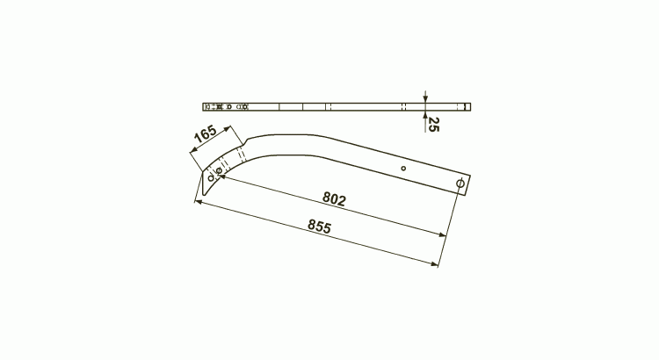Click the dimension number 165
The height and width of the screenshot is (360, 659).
click(205, 133)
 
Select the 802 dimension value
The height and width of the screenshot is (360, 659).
click(334, 198)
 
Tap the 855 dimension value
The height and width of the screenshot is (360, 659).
click(320, 226)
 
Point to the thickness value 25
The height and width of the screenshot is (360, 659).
click(433, 125)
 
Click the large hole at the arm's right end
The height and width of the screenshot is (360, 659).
click(460, 184)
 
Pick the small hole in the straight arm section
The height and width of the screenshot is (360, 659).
click(403, 169)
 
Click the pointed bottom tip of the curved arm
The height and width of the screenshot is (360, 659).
click(204, 195)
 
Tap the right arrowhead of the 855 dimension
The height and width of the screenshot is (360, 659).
click(435, 264)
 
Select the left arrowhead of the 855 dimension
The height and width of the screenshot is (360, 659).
click(199, 203)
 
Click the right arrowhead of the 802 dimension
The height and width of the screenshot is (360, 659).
click(442, 234)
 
